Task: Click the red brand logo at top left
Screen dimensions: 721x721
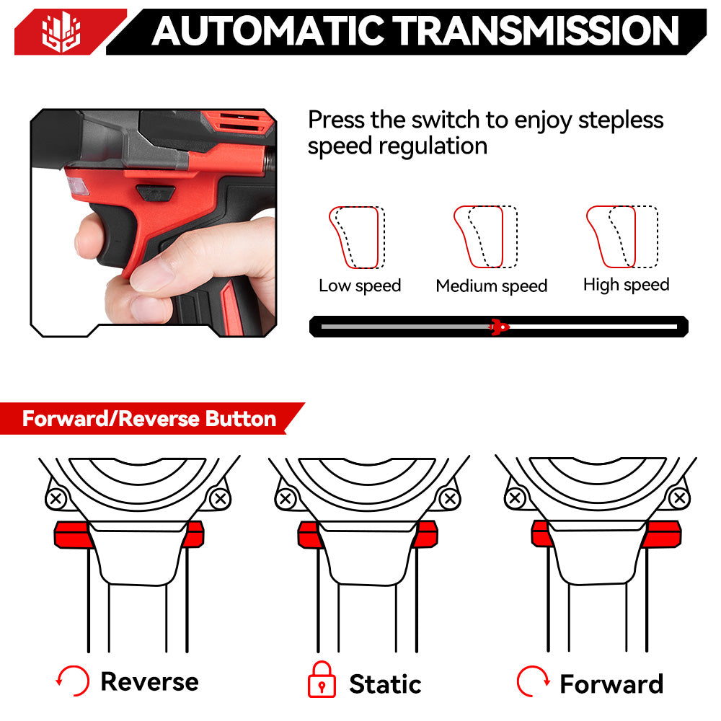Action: (x=61, y=32)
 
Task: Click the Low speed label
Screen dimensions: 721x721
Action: (x=360, y=286)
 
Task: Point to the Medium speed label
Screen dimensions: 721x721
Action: (x=491, y=286)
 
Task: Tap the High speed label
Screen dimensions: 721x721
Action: (x=626, y=285)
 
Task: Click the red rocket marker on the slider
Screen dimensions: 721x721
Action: (x=497, y=327)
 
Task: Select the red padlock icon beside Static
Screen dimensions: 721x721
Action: (x=322, y=681)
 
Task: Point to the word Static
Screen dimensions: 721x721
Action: (x=385, y=684)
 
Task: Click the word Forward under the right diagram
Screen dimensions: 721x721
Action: (x=611, y=684)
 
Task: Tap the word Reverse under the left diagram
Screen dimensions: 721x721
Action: (x=149, y=681)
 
